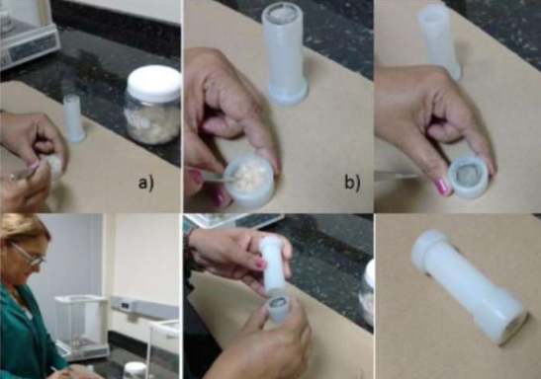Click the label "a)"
[x=146, y=183]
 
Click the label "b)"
[x=352, y=183]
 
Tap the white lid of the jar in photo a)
[x=154, y=84]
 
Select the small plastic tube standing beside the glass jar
[x=74, y=118]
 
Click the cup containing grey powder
[x=468, y=178]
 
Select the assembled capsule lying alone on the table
[x=469, y=286]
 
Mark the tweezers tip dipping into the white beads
[x=229, y=177]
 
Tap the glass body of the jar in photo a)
[x=153, y=120]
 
